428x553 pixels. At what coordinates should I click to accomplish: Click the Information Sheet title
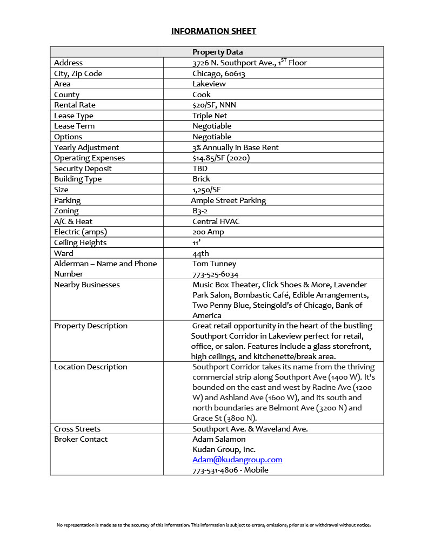[213, 31]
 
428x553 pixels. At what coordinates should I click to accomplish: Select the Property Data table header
[217, 52]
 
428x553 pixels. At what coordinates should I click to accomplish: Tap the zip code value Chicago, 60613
[218, 73]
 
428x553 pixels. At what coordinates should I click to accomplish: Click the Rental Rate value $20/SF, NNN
[214, 105]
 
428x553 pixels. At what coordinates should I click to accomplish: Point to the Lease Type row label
[73, 116]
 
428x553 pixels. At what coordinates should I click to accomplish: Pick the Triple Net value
[210, 116]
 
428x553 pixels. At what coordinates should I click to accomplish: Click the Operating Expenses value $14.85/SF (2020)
[220, 158]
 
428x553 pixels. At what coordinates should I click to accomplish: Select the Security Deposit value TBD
[200, 168]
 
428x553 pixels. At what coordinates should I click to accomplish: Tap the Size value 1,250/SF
[206, 190]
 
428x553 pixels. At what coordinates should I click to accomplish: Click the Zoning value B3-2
[200, 211]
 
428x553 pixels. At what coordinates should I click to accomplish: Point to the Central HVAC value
[216, 221]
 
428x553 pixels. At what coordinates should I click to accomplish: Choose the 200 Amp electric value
[208, 232]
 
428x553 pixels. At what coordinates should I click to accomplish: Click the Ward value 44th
[200, 253]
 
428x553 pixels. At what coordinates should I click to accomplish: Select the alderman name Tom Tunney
[214, 264]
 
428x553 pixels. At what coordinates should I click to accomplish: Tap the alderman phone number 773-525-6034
[215, 274]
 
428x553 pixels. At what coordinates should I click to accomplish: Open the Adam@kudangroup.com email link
[237, 460]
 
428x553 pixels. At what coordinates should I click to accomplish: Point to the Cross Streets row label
[77, 429]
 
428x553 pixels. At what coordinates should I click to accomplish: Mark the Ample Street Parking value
[228, 200]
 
